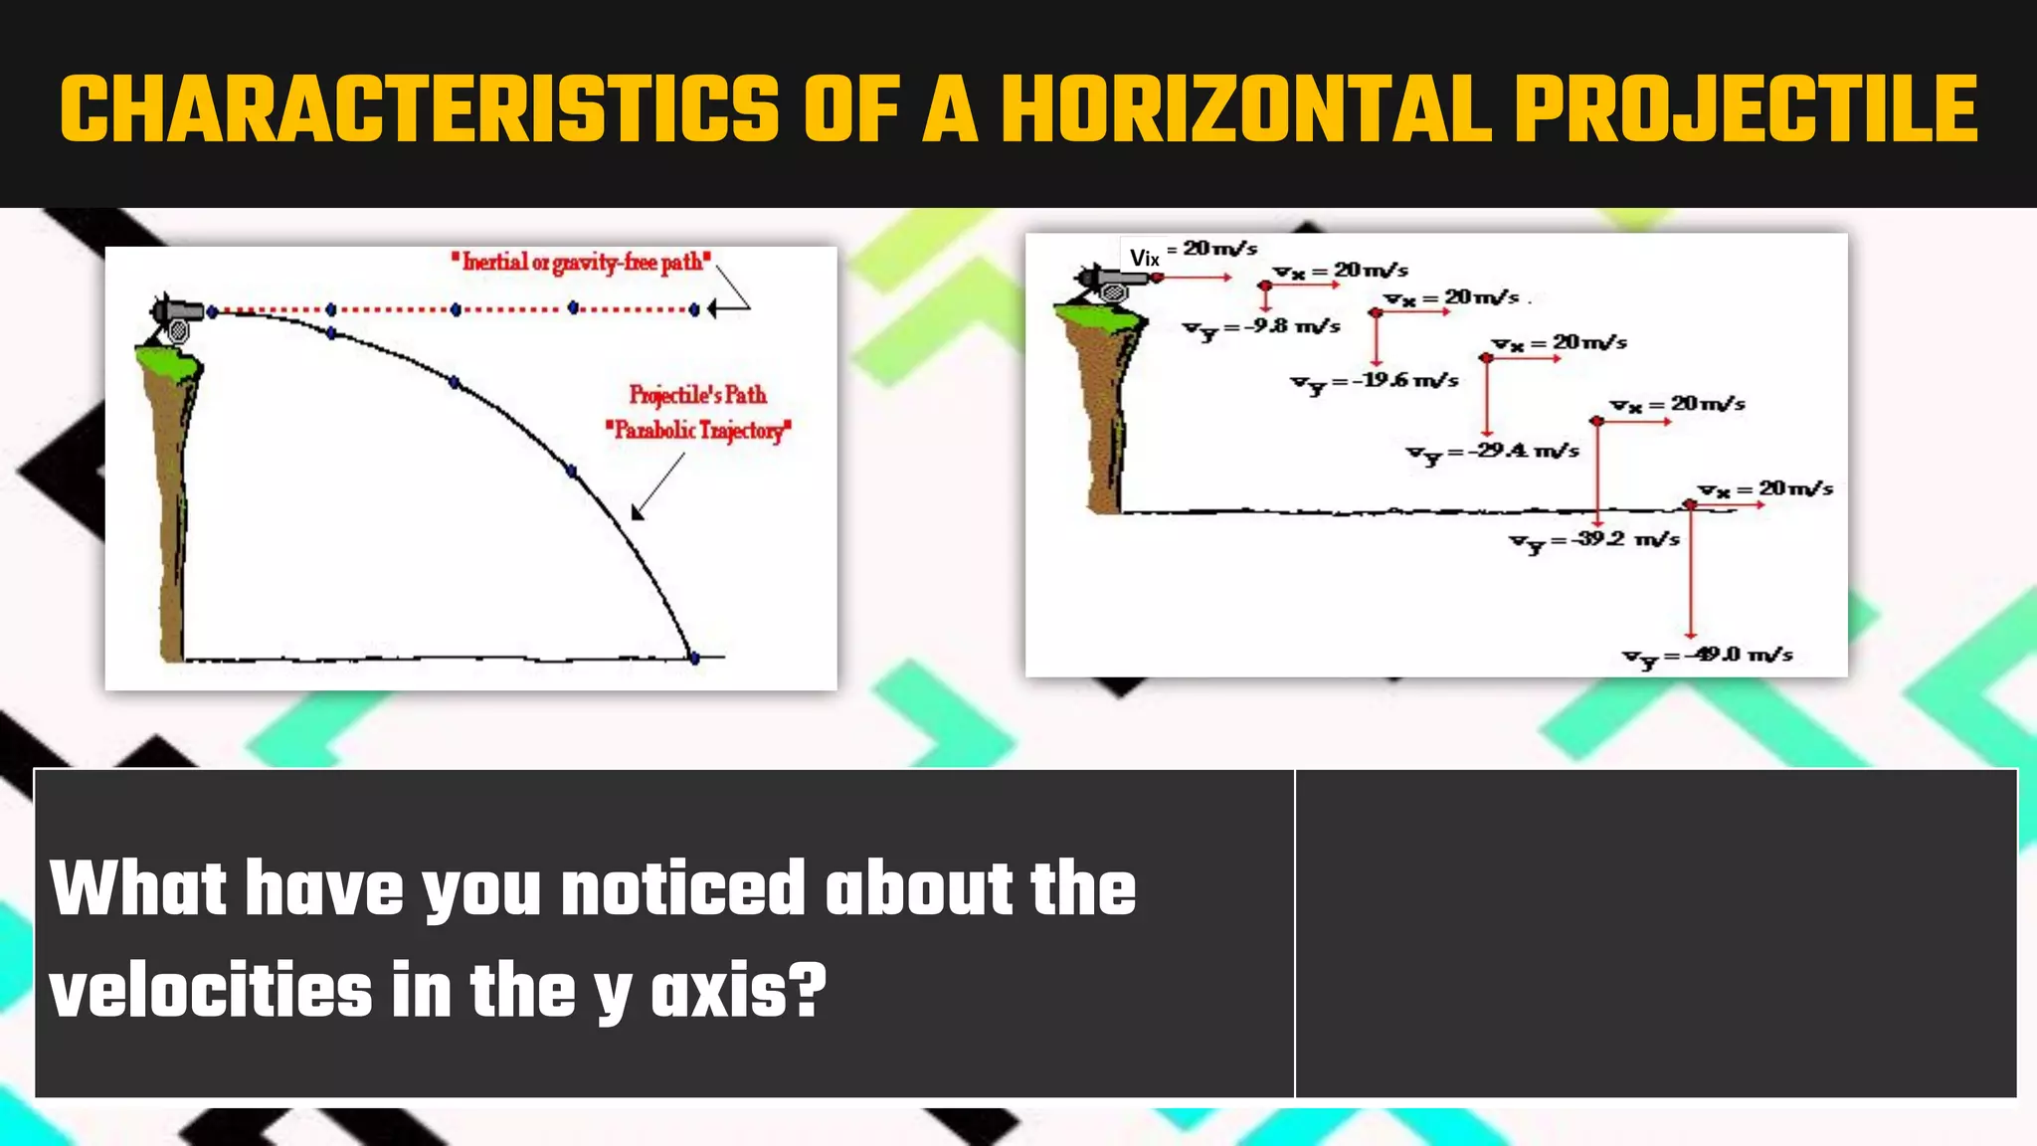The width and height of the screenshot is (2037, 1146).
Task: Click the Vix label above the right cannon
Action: point(1144,259)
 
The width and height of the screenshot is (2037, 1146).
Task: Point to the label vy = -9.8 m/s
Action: point(1261,328)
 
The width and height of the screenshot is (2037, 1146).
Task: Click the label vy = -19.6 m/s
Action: point(1375,382)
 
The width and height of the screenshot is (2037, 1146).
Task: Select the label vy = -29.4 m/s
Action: point(1492,453)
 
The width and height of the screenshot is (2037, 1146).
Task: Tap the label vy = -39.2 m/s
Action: point(1594,541)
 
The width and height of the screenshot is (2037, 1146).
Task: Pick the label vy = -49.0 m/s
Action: point(1708,657)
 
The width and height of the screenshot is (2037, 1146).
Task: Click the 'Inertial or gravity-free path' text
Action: point(581,263)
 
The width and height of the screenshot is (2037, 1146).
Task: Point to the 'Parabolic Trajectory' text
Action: point(698,431)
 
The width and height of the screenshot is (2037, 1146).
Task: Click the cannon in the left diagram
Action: point(176,316)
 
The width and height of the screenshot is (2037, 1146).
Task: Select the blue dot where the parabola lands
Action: point(694,658)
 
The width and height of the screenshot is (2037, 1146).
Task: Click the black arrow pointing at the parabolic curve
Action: point(656,486)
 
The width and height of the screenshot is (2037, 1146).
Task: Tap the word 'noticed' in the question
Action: point(682,888)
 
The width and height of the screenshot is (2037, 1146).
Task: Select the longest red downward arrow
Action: point(1690,572)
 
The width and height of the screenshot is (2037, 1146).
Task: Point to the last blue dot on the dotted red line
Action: point(695,309)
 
